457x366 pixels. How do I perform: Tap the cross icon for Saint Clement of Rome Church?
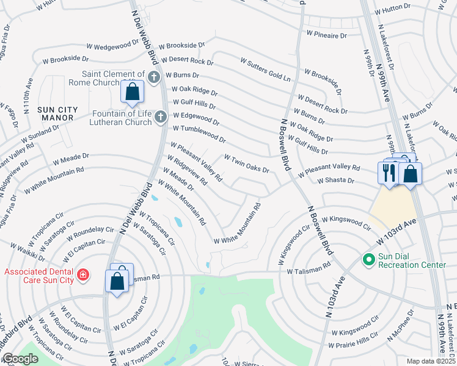tap(153, 77)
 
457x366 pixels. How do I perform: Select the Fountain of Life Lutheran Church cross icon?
tap(160, 116)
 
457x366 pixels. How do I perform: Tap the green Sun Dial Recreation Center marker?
tap(368, 260)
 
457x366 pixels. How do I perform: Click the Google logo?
tap(20, 359)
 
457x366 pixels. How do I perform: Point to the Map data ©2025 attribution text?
tap(431, 361)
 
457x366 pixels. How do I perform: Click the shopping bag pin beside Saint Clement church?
tap(132, 91)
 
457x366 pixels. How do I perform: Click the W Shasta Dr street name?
tap(335, 180)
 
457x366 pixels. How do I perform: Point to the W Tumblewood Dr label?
tap(199, 132)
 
